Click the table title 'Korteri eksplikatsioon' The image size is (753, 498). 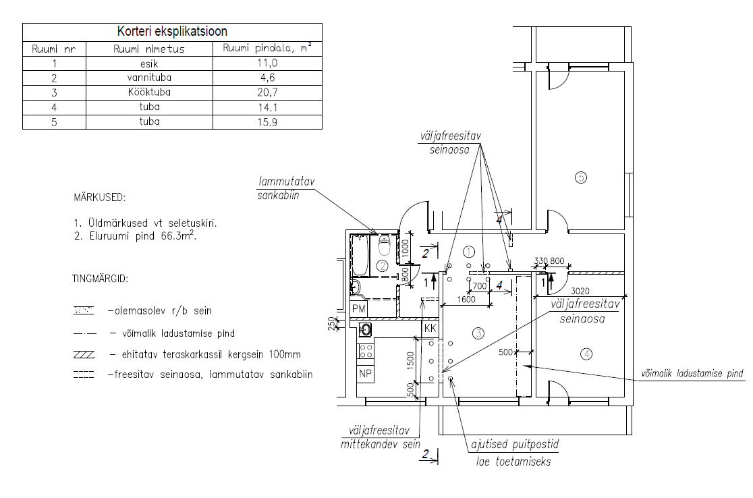pos(172,32)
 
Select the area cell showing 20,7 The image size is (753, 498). pos(267,92)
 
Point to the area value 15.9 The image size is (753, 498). pos(267,122)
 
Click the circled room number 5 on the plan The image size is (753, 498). pos(581,177)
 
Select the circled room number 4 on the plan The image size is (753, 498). pos(587,353)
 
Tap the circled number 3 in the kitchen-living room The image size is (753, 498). pos(478,333)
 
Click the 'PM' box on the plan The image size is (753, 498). pos(360,308)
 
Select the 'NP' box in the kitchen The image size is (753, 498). pos(366,373)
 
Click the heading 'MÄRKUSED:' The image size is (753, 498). pos(99,198)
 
